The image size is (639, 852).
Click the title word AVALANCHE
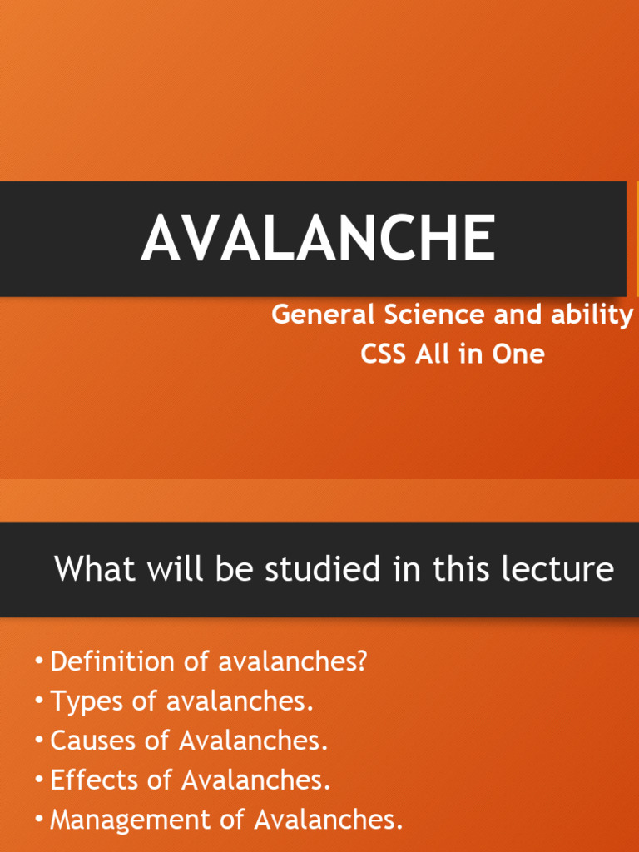318,238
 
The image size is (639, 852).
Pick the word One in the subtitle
518,354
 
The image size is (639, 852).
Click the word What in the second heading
92,570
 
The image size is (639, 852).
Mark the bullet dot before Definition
39,661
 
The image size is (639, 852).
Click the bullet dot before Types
39,701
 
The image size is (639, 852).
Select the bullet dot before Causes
39,740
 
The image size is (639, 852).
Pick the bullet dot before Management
39,819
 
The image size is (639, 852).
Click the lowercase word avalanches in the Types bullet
240,701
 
